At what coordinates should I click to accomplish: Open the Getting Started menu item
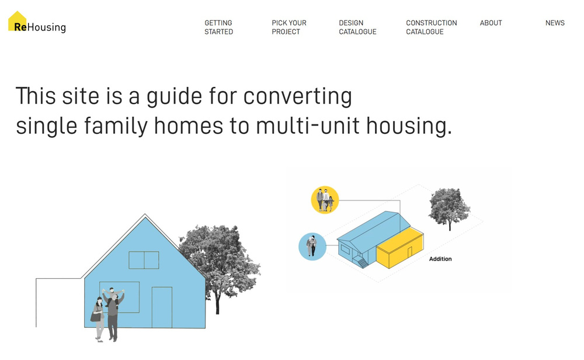coord(218,27)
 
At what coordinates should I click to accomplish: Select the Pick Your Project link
coord(289,27)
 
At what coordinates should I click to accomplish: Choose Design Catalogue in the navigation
coord(357,27)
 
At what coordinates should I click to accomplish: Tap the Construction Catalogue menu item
coord(432,27)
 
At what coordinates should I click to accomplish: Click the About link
coord(491,23)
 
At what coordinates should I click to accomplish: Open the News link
coord(555,23)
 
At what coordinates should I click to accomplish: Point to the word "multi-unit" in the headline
coord(308,126)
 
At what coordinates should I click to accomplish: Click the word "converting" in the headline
coord(298,97)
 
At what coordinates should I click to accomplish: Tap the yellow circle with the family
coord(325,200)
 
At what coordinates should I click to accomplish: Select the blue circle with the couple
coord(312,247)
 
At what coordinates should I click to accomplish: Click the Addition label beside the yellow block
coord(440,259)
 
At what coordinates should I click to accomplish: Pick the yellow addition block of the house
coord(399,248)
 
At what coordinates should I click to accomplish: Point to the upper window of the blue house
coord(144,260)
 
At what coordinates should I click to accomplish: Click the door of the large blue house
coord(162,307)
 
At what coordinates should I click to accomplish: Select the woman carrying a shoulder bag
coord(98,319)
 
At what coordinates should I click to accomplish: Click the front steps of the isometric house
coord(361,262)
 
